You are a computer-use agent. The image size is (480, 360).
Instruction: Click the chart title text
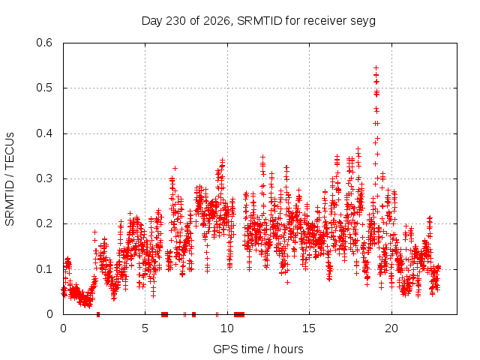click(x=259, y=21)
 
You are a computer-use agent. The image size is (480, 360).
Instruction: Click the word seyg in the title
click(x=364, y=22)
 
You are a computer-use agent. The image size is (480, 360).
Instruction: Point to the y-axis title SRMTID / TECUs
click(x=10, y=179)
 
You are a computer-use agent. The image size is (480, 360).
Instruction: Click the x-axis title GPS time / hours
click(x=258, y=349)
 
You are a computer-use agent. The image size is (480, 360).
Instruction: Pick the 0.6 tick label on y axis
click(x=44, y=43)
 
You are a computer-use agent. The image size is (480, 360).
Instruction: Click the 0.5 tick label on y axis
click(x=44, y=88)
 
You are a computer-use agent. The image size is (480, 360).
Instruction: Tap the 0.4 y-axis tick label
click(x=44, y=133)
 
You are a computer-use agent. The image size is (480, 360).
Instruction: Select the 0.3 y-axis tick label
click(x=44, y=178)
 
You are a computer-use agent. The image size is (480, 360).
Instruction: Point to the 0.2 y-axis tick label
click(x=44, y=223)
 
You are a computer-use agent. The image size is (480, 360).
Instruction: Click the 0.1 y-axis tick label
click(x=44, y=269)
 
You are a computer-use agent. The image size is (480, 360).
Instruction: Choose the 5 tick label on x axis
click(x=145, y=328)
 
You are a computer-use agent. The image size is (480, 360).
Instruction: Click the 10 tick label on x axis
click(x=227, y=328)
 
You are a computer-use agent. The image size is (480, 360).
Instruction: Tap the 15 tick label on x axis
click(x=309, y=328)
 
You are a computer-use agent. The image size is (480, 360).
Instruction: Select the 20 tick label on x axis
click(x=391, y=328)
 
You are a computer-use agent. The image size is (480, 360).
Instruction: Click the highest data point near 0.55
click(x=376, y=67)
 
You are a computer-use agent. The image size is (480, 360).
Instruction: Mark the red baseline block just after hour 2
click(x=98, y=314)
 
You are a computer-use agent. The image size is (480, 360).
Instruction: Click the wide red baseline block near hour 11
click(x=239, y=314)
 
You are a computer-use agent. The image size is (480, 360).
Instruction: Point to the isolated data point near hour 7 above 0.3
click(x=175, y=168)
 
